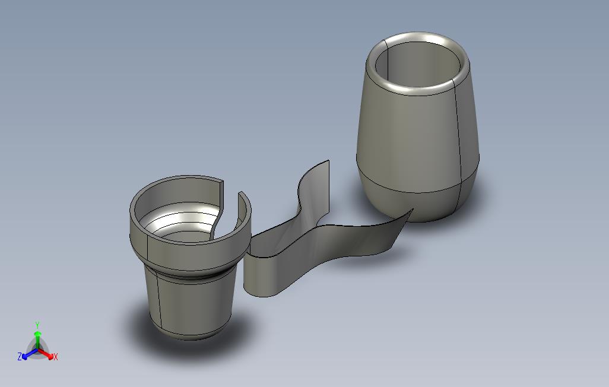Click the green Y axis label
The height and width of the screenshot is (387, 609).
(x=37, y=325)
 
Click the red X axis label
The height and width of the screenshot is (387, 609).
(x=56, y=357)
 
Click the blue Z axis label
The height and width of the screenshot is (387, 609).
(x=20, y=356)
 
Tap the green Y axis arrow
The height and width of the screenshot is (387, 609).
(x=37, y=340)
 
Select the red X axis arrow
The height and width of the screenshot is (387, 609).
(x=46, y=353)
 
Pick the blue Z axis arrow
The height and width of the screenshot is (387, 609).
(x=30, y=353)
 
